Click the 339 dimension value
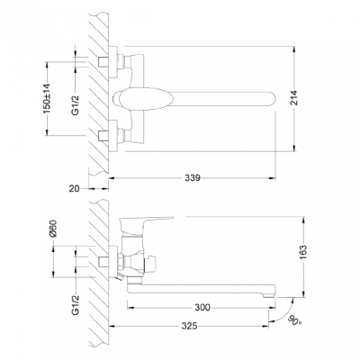click(193, 178)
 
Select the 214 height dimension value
click(295, 98)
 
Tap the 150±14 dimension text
click(47, 98)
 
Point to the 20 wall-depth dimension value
click(75, 189)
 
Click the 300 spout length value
click(202, 308)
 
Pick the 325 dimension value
click(189, 326)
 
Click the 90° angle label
click(294, 320)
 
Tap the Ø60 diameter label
click(53, 230)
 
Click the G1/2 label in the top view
click(76, 104)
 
